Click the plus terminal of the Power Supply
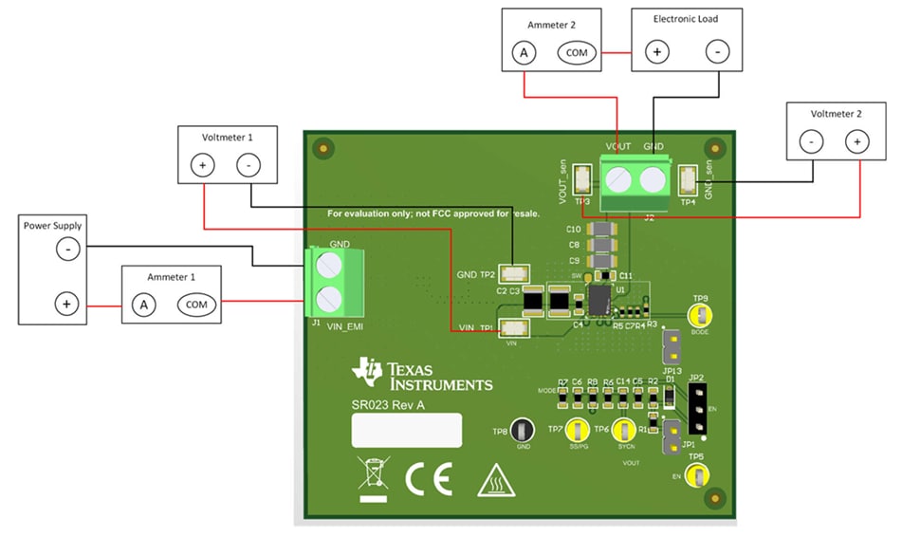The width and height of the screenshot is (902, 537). [x=66, y=305]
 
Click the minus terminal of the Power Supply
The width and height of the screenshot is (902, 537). [x=66, y=250]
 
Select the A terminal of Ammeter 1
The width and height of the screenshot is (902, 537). [x=143, y=305]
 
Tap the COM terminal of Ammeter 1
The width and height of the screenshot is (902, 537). [x=196, y=305]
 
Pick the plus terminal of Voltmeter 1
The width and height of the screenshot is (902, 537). [x=202, y=164]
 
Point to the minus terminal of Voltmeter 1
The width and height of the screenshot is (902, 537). [x=249, y=164]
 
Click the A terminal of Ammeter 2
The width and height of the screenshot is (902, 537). [x=523, y=53]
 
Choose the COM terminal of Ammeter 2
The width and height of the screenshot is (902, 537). [x=577, y=53]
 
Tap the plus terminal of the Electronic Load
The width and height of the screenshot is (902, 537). [x=655, y=53]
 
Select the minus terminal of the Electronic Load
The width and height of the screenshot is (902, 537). [x=717, y=53]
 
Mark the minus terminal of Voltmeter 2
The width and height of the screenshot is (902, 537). [x=812, y=142]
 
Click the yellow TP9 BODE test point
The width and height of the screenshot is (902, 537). [x=700, y=317]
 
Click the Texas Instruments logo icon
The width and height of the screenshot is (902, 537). [x=367, y=374]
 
